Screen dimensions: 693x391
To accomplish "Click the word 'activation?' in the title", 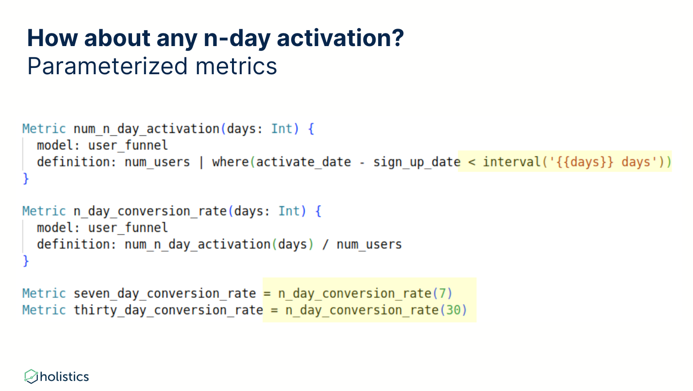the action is point(340,38).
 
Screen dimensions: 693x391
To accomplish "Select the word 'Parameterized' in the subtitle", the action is point(107,66).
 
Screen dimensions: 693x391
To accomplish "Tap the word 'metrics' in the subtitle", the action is point(236,66).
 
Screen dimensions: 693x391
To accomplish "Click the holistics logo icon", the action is point(31,376).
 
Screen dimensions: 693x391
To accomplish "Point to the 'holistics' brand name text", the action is point(65,376).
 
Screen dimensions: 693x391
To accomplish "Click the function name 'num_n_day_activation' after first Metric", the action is point(147,129).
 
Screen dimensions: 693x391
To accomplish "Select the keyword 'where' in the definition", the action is point(230,162).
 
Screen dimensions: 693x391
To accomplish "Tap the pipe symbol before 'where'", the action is point(201,162).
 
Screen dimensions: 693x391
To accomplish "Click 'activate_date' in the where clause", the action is point(303,162).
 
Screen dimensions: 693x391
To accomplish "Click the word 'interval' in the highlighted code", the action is point(511,162).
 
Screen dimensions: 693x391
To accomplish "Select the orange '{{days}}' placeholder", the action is point(585,162).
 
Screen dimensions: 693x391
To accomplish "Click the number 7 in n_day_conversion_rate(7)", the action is point(443,293).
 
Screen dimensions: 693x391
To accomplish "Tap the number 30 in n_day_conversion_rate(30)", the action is point(453,310).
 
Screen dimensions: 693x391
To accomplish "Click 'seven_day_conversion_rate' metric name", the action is point(165,293).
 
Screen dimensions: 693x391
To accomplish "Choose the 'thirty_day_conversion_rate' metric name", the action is point(168,310).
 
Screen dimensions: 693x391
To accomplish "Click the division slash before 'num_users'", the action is point(325,244).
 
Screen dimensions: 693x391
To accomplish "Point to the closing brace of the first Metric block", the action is point(26,179).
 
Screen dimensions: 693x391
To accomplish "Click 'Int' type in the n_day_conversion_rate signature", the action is point(289,211).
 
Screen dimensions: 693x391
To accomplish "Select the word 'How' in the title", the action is point(52,38).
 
